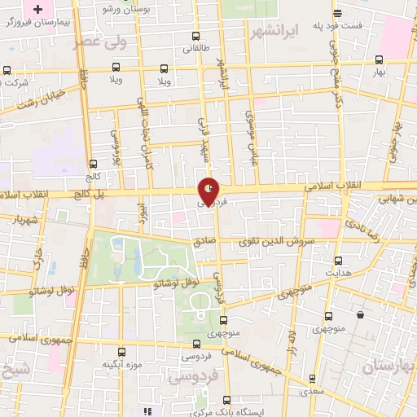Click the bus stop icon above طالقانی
click(x=195, y=36)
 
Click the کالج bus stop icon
click(x=92, y=164)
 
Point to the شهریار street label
click(x=27, y=220)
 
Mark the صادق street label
click(x=204, y=241)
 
